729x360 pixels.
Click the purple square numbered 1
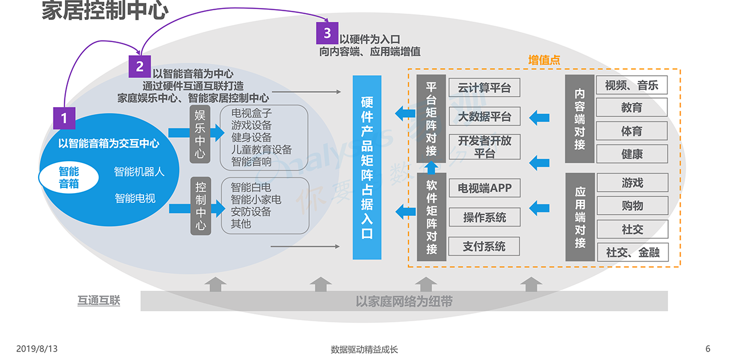[x=64, y=118]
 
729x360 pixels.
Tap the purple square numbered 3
[x=327, y=33]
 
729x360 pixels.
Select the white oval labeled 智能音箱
[x=69, y=177]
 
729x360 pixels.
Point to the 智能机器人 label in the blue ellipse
[x=139, y=171]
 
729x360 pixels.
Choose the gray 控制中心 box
[x=200, y=206]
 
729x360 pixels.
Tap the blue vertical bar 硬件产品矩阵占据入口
[x=367, y=167]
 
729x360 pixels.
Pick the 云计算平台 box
[x=484, y=88]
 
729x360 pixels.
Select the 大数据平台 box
[x=484, y=117]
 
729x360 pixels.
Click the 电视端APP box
[x=484, y=187]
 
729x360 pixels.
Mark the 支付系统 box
[x=484, y=246]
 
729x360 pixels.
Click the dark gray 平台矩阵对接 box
[x=431, y=118]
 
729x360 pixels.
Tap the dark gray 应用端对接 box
[x=580, y=216]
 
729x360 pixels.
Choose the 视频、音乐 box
[x=631, y=85]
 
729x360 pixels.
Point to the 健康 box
[x=631, y=154]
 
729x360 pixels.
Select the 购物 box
[x=631, y=206]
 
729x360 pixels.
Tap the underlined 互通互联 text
[x=99, y=301]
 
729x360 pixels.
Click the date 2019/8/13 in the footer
[x=37, y=349]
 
